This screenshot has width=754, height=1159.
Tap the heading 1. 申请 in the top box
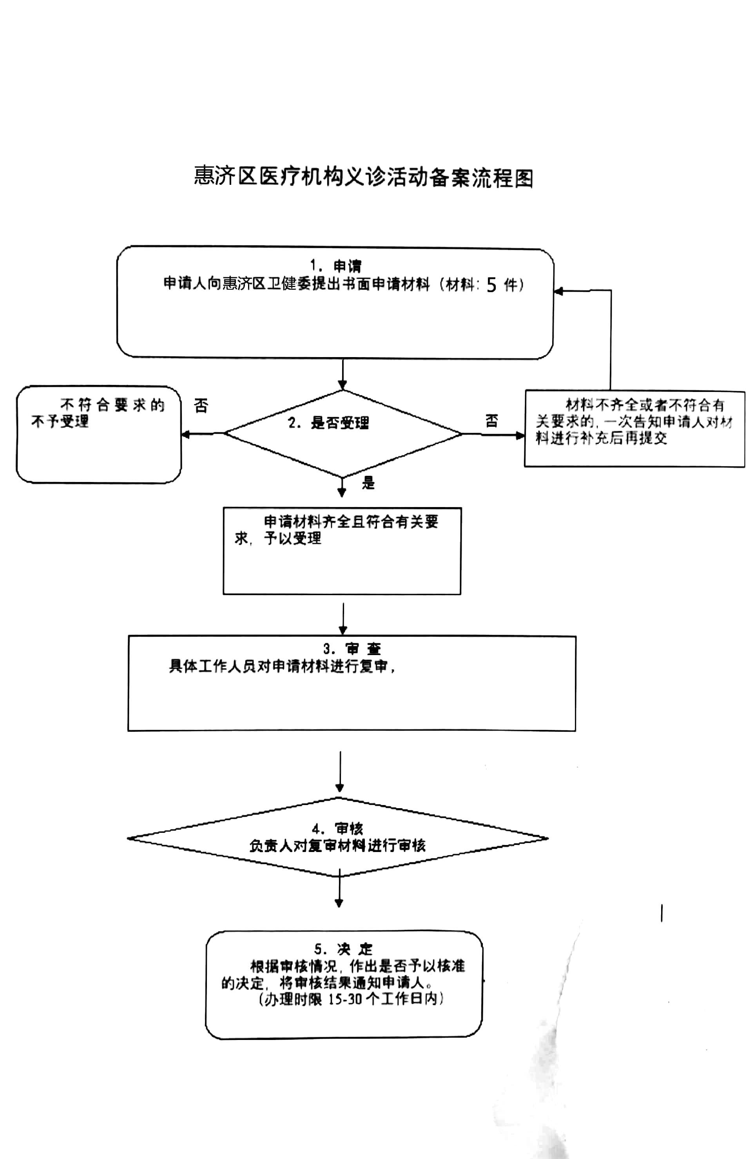click(x=336, y=265)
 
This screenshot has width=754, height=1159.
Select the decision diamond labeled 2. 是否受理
click(x=342, y=433)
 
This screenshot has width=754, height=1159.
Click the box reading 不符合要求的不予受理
click(x=98, y=434)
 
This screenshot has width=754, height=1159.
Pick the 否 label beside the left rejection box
click(x=201, y=406)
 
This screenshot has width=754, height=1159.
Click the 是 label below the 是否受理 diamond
click(x=368, y=483)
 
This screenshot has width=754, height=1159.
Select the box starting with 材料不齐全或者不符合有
click(x=634, y=428)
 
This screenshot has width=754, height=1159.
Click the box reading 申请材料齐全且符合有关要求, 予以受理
click(x=342, y=550)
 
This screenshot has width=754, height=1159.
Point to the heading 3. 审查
click(x=352, y=649)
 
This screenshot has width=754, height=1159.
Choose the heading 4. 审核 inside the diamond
click(x=337, y=829)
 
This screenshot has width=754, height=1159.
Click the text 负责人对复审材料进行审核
click(x=337, y=845)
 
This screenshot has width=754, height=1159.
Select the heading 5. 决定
click(x=343, y=949)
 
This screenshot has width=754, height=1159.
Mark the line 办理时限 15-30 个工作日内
click(x=351, y=999)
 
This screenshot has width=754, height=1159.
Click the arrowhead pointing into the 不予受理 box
click(x=185, y=434)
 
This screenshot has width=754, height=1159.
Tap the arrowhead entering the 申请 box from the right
click(x=558, y=291)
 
